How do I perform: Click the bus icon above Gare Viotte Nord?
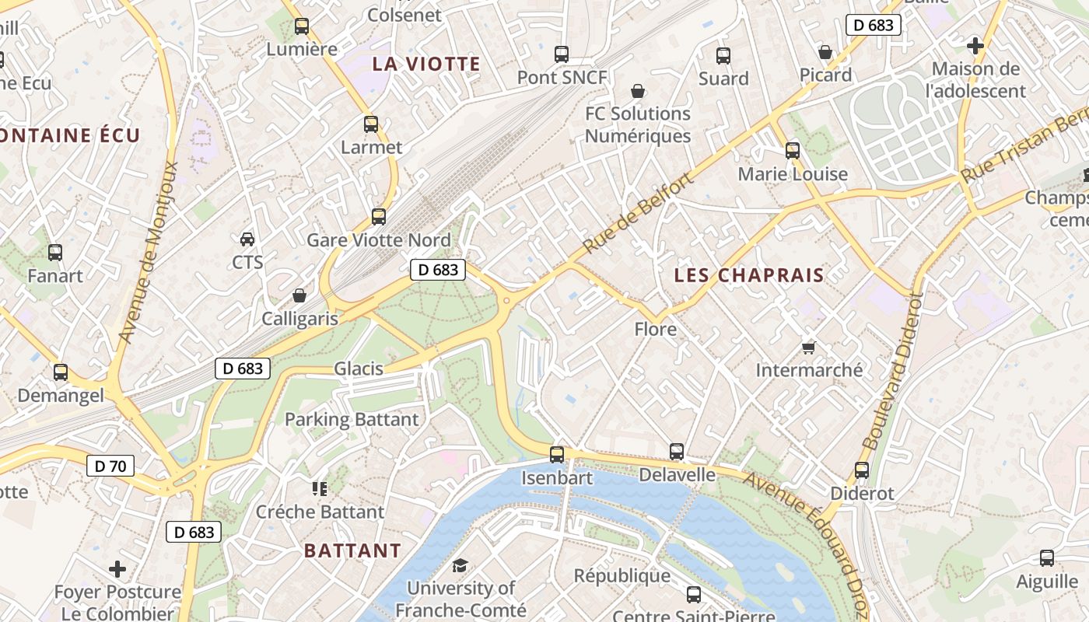379,217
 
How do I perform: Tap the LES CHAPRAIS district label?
748,275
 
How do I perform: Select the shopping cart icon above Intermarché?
809,348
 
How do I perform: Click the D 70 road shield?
110,466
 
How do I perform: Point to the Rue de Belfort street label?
636,214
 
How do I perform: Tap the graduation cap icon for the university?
460,565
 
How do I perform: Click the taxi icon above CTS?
247,239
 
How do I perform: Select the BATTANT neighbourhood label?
352,550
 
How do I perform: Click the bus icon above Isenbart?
557,455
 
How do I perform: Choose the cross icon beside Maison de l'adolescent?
975,46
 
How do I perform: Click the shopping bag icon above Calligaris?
299,295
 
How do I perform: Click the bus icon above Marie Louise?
793,151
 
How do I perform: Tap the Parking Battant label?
352,420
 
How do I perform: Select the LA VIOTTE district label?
426,64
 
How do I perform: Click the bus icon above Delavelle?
677,452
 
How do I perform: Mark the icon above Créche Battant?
320,488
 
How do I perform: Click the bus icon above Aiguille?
1047,558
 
